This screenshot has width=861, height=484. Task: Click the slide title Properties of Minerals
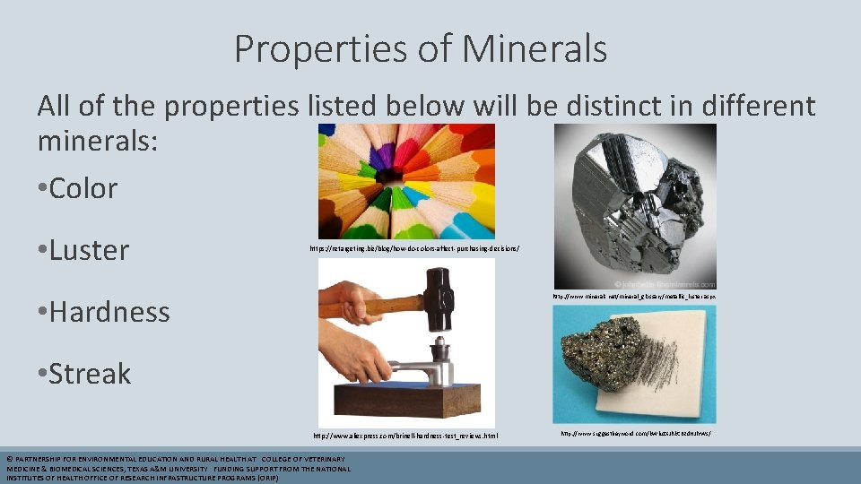[x=420, y=49]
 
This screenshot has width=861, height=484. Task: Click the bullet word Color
[x=83, y=188]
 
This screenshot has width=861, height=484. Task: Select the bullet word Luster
[x=89, y=250]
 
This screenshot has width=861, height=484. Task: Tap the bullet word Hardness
[x=109, y=312]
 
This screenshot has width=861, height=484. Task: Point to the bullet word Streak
[x=90, y=374]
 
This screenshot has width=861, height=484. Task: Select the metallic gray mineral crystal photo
[x=634, y=205]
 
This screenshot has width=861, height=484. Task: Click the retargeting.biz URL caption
[x=414, y=248]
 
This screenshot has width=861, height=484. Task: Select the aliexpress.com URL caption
[x=404, y=436]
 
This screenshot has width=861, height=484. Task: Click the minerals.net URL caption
[x=633, y=296]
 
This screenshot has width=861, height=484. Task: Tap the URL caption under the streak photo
[x=635, y=433]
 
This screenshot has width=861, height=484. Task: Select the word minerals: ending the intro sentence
[x=97, y=140]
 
